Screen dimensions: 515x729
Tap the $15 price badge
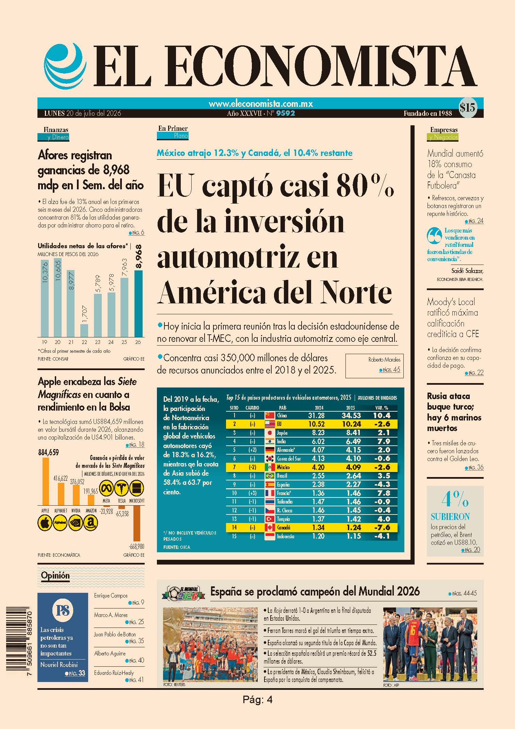[x=467, y=108]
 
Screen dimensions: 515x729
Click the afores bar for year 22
[x=84, y=330]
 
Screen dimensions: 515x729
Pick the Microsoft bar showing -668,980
[x=136, y=523]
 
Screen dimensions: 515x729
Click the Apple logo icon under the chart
[x=45, y=523]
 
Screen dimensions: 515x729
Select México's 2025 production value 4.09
[x=350, y=467]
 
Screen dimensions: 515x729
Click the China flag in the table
[x=270, y=415]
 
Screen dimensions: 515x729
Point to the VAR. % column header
[x=381, y=408]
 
